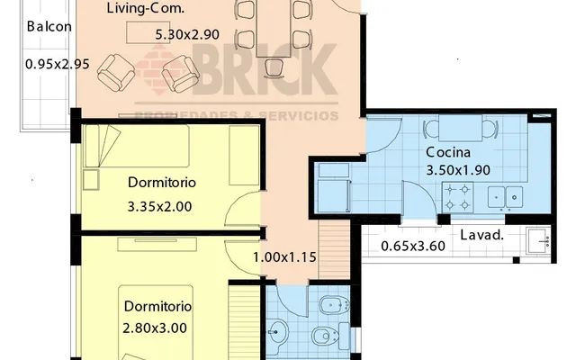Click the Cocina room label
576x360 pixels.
[x=448, y=152]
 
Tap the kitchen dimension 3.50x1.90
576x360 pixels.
[x=458, y=170]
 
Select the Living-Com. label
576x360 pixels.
[x=146, y=8]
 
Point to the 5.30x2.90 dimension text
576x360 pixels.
[x=187, y=34]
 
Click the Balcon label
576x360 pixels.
[x=49, y=26]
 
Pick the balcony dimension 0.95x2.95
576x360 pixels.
[x=58, y=64]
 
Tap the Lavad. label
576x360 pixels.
[x=482, y=235]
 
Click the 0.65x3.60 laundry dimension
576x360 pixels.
[x=413, y=246]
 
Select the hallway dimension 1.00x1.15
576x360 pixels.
[x=284, y=257]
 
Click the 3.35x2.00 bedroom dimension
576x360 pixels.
[x=160, y=207]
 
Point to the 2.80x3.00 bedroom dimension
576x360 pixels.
[x=155, y=328]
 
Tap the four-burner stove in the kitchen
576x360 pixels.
[x=457, y=197]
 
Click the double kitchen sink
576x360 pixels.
[x=505, y=197]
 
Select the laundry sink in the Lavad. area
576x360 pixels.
[x=538, y=241]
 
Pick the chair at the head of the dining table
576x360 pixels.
[x=274, y=68]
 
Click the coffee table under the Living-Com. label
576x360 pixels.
[x=148, y=32]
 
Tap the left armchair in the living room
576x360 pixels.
[x=116, y=73]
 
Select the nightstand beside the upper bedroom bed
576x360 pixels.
[x=91, y=179]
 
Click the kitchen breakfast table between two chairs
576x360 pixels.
[x=460, y=128]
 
